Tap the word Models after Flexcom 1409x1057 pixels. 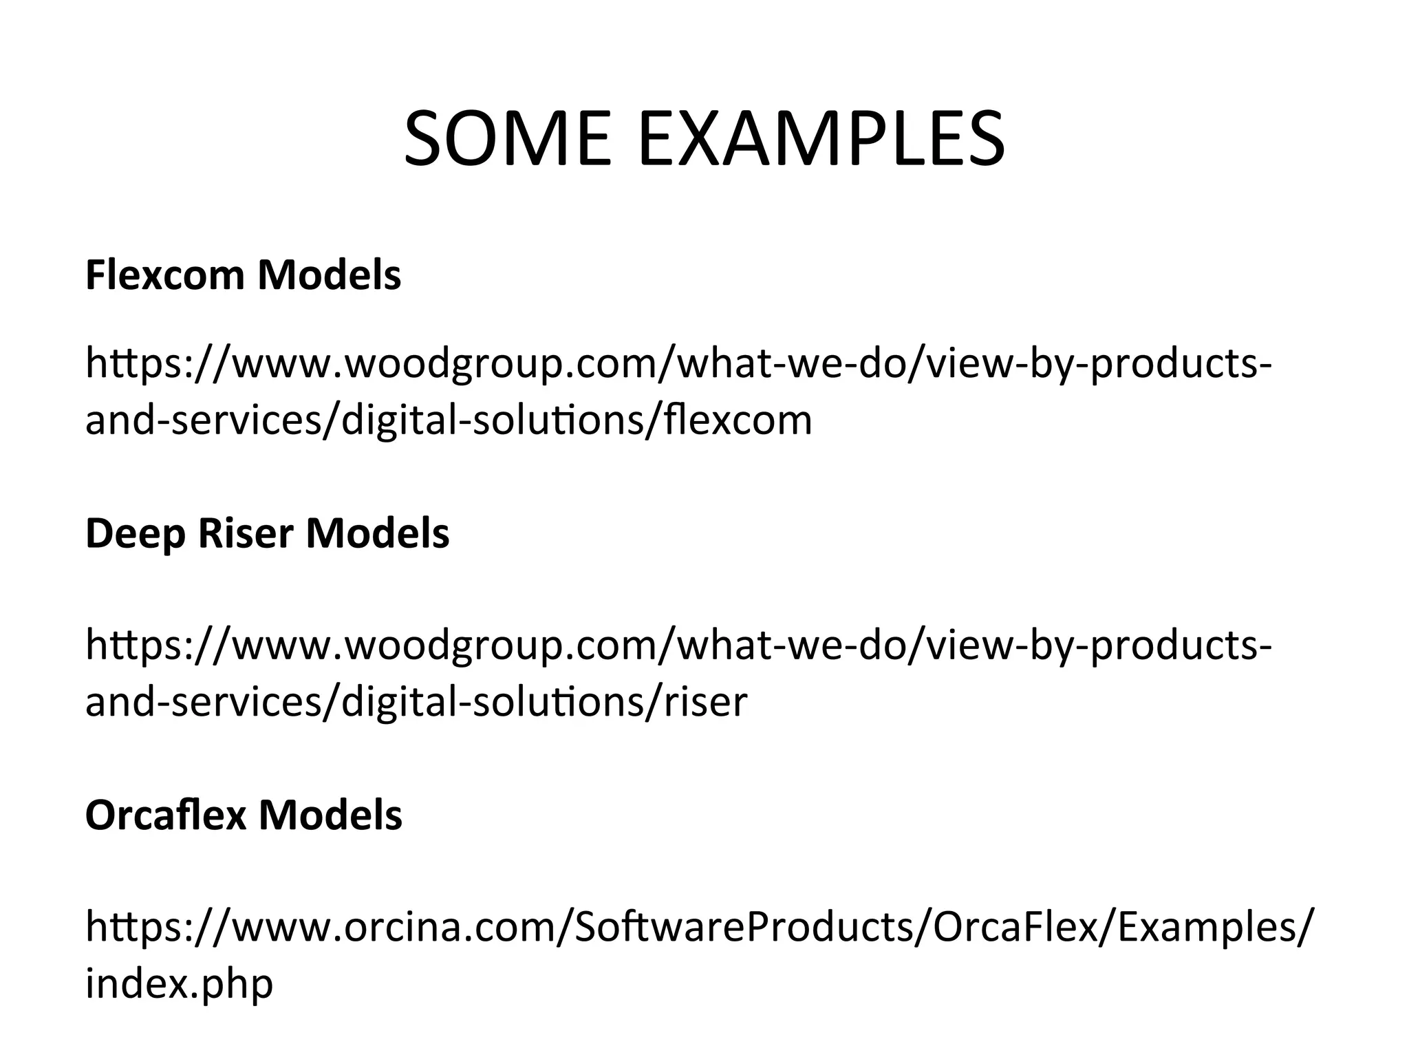pos(330,275)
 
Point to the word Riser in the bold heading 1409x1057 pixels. pos(246,533)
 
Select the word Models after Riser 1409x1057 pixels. pos(378,533)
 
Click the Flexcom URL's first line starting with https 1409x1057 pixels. pos(678,365)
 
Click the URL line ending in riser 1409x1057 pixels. pos(416,702)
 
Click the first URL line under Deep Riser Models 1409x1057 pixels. pos(678,645)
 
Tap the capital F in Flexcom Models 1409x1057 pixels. pos(97,275)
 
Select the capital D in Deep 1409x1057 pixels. pos(100,533)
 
